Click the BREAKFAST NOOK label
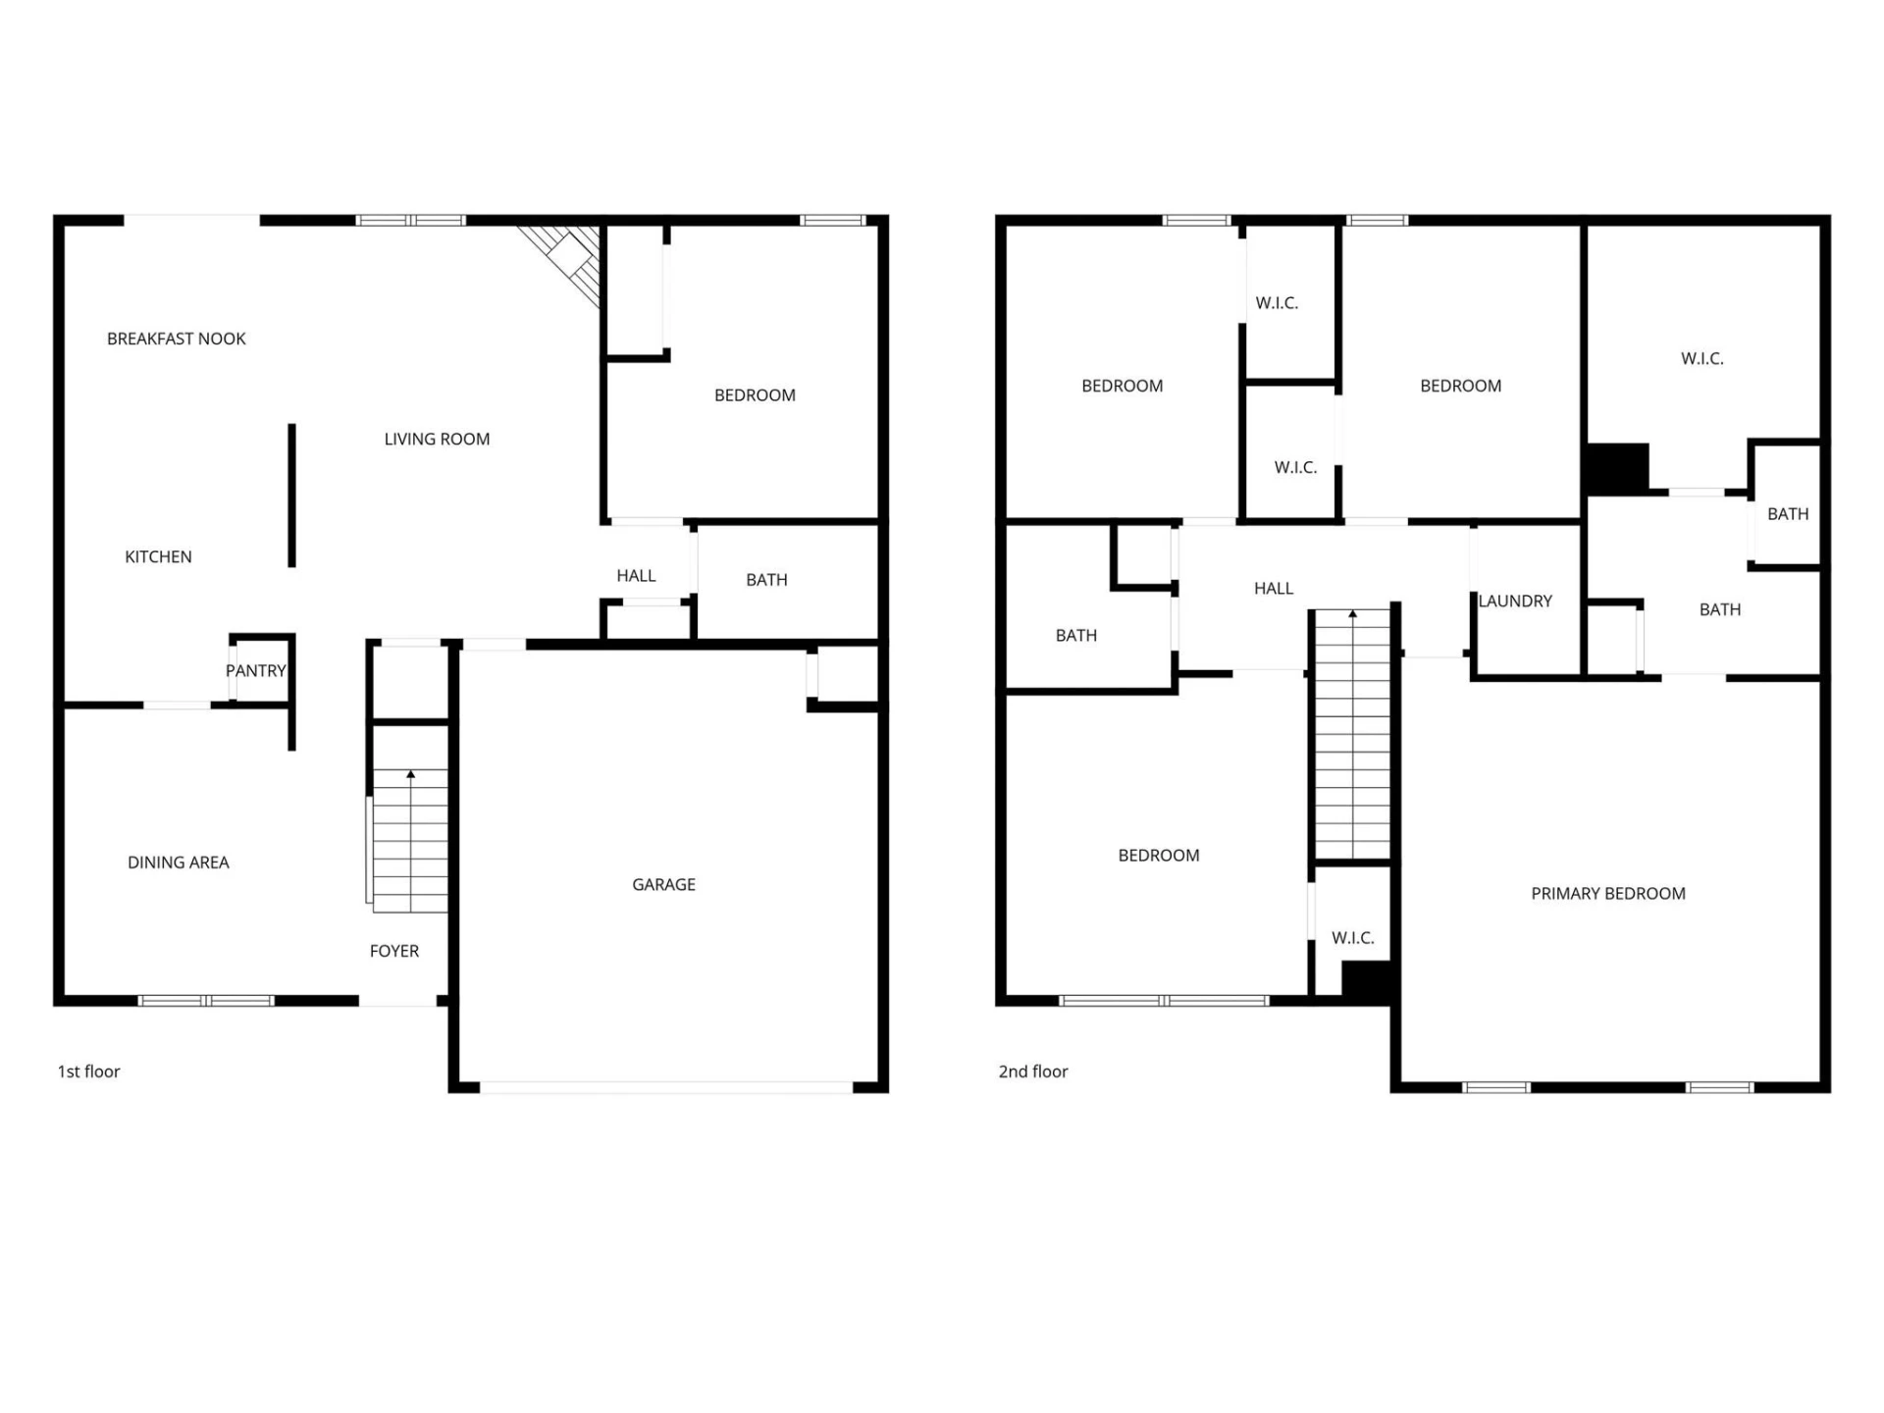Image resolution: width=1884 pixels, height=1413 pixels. pyautogui.click(x=177, y=339)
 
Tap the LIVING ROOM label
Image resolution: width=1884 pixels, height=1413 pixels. pyautogui.click(x=437, y=440)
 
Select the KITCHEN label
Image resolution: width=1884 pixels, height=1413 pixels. pyautogui.click(x=158, y=557)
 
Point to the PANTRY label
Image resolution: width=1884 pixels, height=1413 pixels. pyautogui.click(x=256, y=671)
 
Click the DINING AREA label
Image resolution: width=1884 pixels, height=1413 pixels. pyautogui.click(x=179, y=863)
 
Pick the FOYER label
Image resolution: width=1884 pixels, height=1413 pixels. pyautogui.click(x=394, y=951)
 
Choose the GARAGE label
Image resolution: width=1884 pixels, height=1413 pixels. pyautogui.click(x=664, y=885)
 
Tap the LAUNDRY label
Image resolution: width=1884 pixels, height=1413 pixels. pyautogui.click(x=1515, y=602)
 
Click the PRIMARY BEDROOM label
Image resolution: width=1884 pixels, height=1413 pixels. pyautogui.click(x=1608, y=894)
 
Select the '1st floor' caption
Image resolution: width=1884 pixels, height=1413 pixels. pyautogui.click(x=88, y=1072)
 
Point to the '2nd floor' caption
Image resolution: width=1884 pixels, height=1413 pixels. pyautogui.click(x=1033, y=1072)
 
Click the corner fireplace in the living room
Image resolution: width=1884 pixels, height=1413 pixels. pyautogui.click(x=564, y=261)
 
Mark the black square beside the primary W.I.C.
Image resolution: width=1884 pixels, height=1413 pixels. pyautogui.click(x=1617, y=468)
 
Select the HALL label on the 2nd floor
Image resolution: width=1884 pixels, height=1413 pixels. pyautogui.click(x=1274, y=589)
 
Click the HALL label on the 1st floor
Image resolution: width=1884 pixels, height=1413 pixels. pyautogui.click(x=636, y=576)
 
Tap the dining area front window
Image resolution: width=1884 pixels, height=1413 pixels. pyautogui.click(x=206, y=1001)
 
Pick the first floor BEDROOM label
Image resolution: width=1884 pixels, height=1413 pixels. pyautogui.click(x=755, y=395)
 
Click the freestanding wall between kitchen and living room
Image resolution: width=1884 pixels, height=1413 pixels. pyautogui.click(x=291, y=496)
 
